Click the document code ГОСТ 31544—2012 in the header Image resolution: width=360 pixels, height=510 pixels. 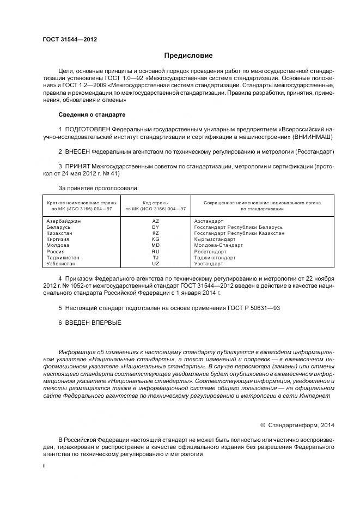pyautogui.click(x=66, y=40)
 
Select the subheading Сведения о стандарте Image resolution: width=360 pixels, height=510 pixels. pyautogui.click(x=91, y=115)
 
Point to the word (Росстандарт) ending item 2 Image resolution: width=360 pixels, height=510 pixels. pyautogui.click(x=314, y=151)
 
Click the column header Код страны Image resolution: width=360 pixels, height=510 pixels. pyautogui.click(x=155, y=203)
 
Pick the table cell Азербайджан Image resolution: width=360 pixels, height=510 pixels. pyautogui.click(x=64, y=221)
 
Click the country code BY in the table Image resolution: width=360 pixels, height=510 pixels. pyautogui.click(x=155, y=227)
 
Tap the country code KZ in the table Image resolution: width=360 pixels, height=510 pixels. pyautogui.click(x=155, y=233)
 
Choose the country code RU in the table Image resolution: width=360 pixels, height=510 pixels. pyautogui.click(x=155, y=252)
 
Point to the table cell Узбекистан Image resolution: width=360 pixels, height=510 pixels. pyautogui.click(x=62, y=264)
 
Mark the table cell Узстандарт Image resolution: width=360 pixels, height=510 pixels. pyautogui.click(x=209, y=264)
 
